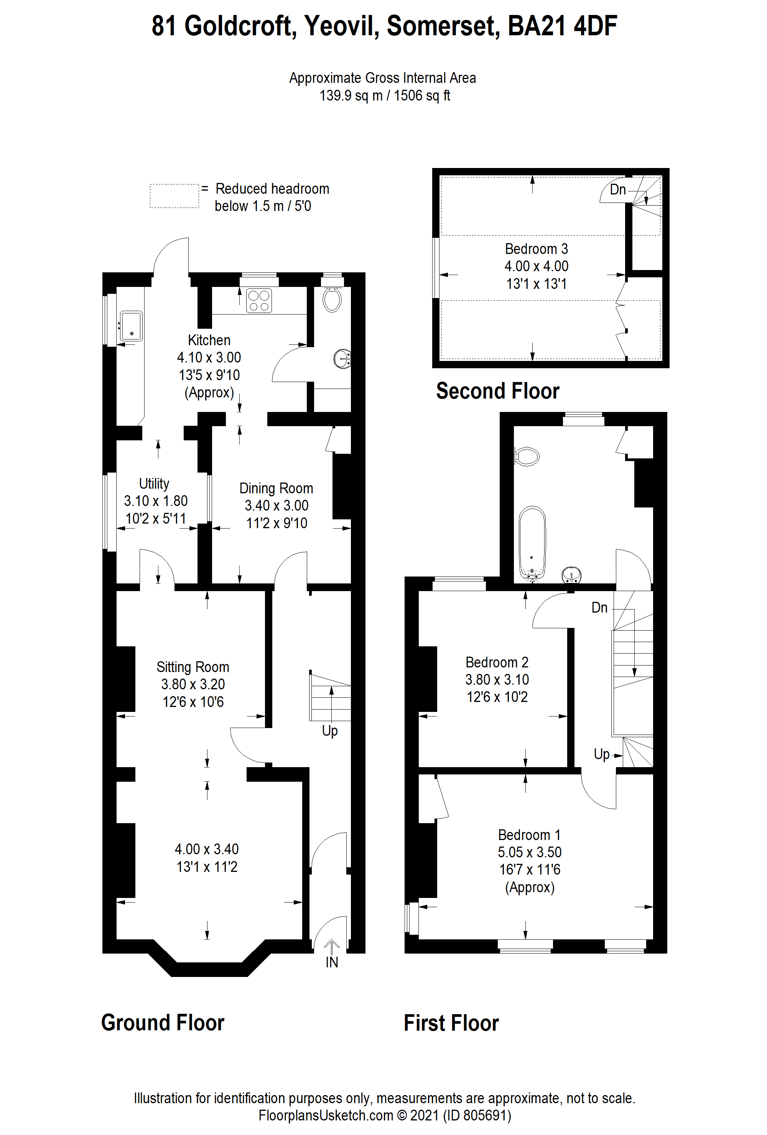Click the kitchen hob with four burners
tap(259, 300)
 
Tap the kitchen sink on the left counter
tap(131, 326)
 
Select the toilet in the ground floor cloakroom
tap(332, 299)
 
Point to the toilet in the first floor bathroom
tap(527, 456)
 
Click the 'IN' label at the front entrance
tap(331, 962)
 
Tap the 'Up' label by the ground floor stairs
tap(329, 731)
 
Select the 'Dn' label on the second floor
tap(617, 189)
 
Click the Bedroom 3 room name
tap(536, 249)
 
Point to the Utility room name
tap(154, 484)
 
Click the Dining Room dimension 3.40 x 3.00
tap(277, 506)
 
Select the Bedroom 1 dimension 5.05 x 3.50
tap(529, 852)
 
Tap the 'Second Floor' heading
tap(497, 391)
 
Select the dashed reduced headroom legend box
tap(174, 196)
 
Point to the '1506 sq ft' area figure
tap(422, 96)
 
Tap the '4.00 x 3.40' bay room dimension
tap(207, 849)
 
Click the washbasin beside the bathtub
tap(571, 575)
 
